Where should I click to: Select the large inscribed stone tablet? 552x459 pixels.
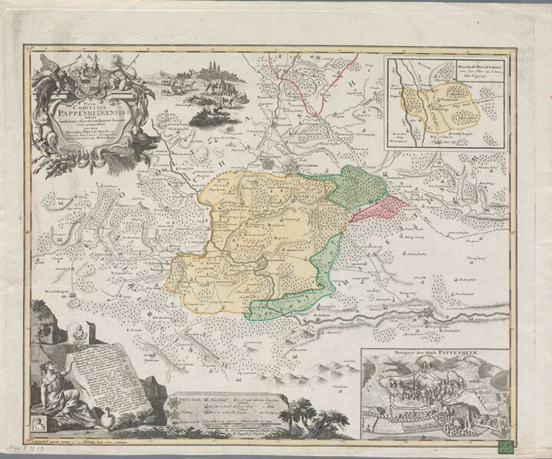107,375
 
